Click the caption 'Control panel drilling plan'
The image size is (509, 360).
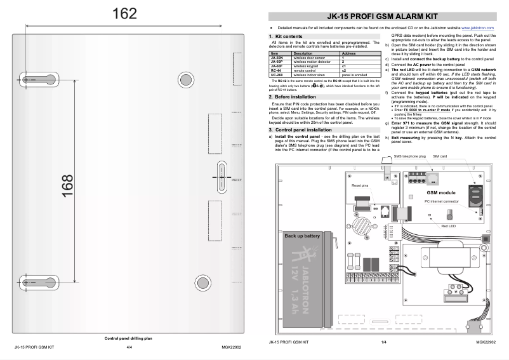coord(128,338)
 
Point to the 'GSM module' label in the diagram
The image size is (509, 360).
coord(440,191)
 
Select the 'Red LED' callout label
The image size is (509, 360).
coord(448,226)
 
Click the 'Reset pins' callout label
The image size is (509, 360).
coord(360,185)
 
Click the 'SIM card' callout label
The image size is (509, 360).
coord(440,155)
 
